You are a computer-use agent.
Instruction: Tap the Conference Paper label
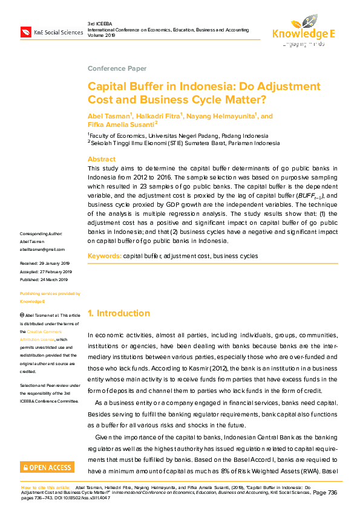click(x=117, y=68)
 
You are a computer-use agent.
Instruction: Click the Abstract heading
click(x=102, y=159)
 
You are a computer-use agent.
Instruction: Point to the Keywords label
click(x=104, y=256)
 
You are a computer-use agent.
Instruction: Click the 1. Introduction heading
click(x=119, y=313)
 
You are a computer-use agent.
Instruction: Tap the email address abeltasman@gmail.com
click(x=42, y=249)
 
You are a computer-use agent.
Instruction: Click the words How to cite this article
click(x=46, y=486)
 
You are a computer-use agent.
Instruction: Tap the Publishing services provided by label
click(x=50, y=294)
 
